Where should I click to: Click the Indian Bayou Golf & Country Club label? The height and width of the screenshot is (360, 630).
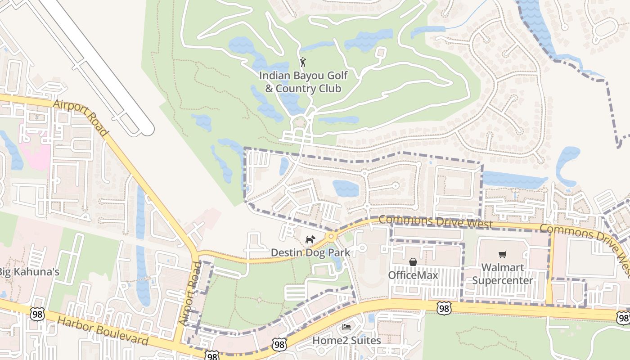click(303, 81)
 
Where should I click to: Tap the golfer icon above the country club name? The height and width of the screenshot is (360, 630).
click(303, 62)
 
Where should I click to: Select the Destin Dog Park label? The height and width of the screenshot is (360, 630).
click(310, 252)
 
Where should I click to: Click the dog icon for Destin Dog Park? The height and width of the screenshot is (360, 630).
click(310, 240)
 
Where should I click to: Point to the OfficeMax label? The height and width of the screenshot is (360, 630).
click(413, 274)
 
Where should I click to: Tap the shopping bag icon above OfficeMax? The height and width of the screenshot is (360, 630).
click(413, 262)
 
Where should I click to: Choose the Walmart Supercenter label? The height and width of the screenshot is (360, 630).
click(502, 274)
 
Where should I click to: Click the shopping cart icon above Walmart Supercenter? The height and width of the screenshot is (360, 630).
click(503, 255)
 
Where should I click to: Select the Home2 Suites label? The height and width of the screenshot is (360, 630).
click(346, 340)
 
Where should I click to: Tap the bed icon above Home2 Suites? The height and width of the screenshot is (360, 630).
click(346, 327)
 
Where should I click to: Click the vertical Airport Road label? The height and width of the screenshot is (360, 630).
click(192, 292)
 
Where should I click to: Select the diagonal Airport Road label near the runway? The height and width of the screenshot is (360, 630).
click(81, 118)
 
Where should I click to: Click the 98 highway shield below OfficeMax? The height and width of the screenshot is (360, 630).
click(444, 308)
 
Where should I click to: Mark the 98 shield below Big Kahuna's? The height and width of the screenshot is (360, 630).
click(37, 314)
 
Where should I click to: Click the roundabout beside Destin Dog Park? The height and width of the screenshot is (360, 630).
click(332, 236)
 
